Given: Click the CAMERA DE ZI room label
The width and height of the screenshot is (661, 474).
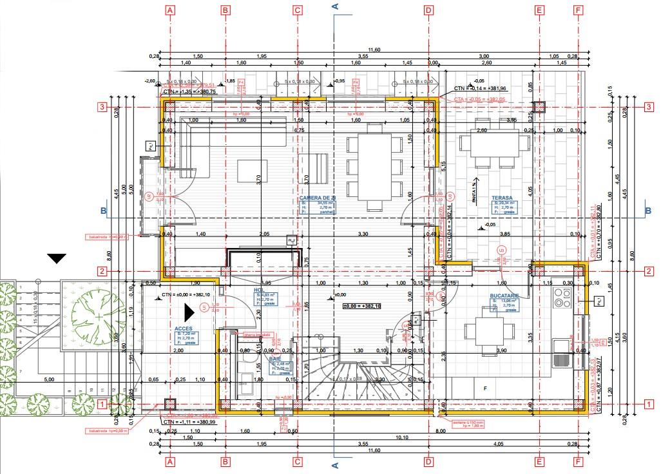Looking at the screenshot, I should [318, 198].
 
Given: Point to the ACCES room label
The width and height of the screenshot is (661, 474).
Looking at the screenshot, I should [184, 328].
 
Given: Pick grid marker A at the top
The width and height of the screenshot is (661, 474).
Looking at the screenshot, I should [170, 10].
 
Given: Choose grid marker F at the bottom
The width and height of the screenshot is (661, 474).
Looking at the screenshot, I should [578, 462].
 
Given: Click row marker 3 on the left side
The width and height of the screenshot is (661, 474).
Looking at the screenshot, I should [101, 107].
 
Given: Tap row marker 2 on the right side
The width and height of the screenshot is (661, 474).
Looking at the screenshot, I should [649, 271].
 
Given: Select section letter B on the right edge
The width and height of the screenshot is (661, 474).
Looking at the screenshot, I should [648, 211].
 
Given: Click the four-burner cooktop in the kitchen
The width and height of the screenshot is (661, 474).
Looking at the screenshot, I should [562, 297].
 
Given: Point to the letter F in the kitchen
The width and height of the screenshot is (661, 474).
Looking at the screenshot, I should [484, 388].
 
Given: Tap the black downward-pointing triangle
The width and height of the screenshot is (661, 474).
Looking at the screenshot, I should [57, 258].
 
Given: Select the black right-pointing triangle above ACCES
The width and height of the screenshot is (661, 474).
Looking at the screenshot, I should [189, 312].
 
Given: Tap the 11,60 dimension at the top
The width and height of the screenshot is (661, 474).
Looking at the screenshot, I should [374, 50].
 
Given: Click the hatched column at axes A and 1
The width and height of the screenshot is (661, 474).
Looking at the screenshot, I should [170, 404].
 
